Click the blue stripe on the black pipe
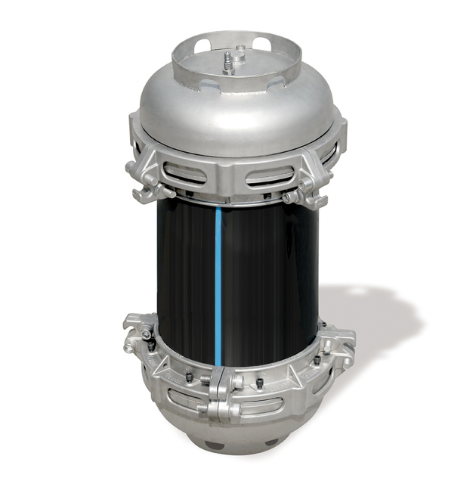218,280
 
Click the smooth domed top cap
234,121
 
